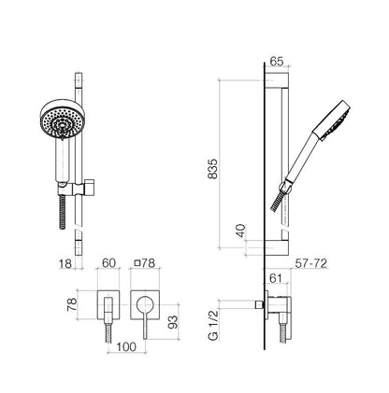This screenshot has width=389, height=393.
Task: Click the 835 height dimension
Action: [x=213, y=169]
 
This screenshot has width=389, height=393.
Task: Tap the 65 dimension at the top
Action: [x=277, y=62]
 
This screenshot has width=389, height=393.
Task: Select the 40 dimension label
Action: [x=241, y=231]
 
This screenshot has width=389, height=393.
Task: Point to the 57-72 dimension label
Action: [x=311, y=263]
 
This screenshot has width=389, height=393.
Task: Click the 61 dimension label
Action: [x=276, y=278]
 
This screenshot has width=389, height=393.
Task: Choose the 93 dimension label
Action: [x=172, y=322]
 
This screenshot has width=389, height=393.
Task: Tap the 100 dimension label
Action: [x=126, y=346]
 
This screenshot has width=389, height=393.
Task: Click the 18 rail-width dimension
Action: [x=65, y=263]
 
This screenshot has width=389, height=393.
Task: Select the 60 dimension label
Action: [x=108, y=263]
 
